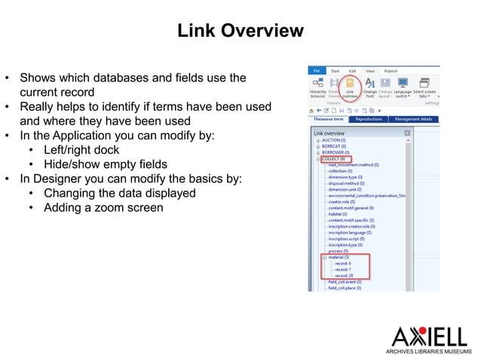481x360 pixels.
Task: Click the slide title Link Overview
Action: click(x=240, y=31)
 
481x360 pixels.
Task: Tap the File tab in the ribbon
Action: click(x=317, y=72)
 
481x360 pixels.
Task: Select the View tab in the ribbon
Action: click(x=371, y=72)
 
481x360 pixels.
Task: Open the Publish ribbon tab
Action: click(x=391, y=72)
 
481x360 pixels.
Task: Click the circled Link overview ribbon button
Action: click(x=350, y=88)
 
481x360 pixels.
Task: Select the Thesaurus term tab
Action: click(x=329, y=119)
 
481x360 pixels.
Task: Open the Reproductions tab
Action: click(x=369, y=119)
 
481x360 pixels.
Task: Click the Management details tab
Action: click(x=412, y=119)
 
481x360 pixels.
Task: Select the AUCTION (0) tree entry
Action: click(x=335, y=141)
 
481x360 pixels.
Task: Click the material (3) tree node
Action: click(x=338, y=257)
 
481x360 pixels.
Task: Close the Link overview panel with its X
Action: click(x=407, y=133)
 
